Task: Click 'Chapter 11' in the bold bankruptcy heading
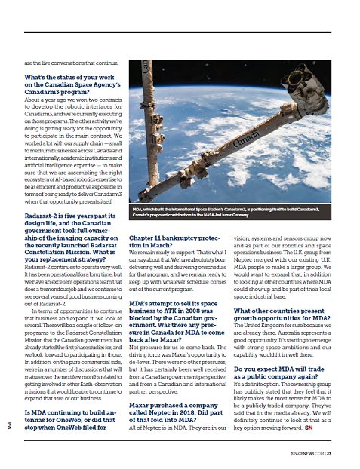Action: click(149, 235)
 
